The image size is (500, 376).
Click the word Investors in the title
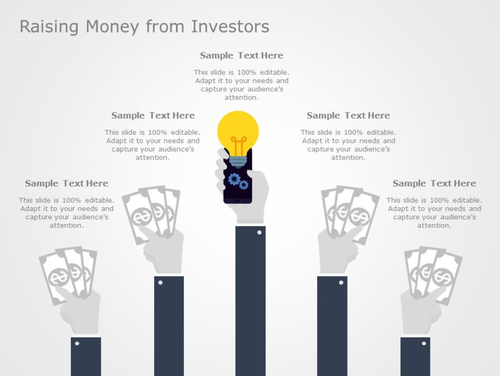[x=230, y=26]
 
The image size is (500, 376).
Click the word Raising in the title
[x=50, y=27]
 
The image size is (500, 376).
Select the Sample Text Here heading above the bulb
[x=241, y=55]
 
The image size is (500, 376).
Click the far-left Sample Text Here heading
[x=67, y=183]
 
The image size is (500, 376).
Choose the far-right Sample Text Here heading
[x=434, y=183]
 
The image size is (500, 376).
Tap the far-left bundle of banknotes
[x=67, y=274]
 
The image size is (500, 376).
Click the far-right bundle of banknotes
[x=432, y=274]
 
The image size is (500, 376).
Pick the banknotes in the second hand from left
[x=151, y=210]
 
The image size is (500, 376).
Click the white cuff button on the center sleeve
[x=259, y=233]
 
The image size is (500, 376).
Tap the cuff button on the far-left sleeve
[x=77, y=344]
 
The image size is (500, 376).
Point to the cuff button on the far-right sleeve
[x=424, y=344]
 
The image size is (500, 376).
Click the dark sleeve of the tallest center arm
[x=250, y=305]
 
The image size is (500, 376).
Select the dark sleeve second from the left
[x=168, y=328]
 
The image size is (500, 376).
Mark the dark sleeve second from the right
[x=332, y=328]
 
